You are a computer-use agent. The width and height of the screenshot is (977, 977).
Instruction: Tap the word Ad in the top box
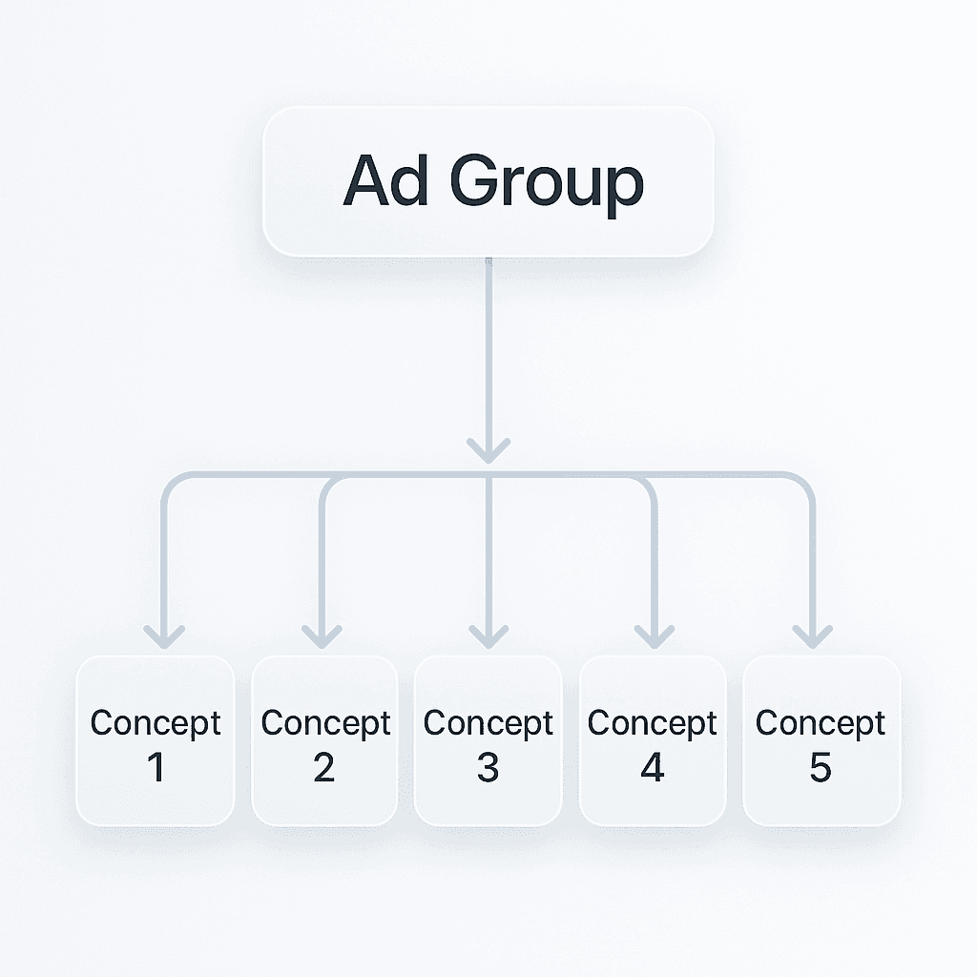(385, 180)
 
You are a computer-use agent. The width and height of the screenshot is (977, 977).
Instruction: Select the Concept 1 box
(156, 740)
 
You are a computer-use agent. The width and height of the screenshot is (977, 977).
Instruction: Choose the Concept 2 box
(324, 740)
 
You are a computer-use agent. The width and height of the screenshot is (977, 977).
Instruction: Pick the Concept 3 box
(488, 740)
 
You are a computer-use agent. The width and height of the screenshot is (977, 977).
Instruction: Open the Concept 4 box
(653, 740)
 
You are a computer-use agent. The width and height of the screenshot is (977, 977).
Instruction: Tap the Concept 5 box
(821, 740)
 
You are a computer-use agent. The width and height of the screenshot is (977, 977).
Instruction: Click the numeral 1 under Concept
(156, 768)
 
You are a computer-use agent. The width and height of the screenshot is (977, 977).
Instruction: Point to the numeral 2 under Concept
(324, 768)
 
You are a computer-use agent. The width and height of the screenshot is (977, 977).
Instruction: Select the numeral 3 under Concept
(488, 768)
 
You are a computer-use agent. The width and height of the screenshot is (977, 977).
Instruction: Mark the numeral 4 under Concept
(653, 768)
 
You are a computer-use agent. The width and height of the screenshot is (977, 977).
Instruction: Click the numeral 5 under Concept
(821, 768)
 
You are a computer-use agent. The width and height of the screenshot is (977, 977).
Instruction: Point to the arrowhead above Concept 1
(164, 636)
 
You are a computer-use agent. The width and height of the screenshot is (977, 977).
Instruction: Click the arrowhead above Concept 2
(322, 636)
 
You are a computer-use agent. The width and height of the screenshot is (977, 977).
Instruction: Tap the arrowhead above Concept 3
(488, 636)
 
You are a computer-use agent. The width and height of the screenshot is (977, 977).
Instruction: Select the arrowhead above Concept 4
(654, 636)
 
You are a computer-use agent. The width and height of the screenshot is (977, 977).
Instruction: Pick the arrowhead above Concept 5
(812, 636)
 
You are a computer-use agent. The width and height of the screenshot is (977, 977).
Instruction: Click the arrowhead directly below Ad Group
(488, 449)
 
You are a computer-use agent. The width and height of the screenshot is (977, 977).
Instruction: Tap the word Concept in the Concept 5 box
(821, 723)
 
